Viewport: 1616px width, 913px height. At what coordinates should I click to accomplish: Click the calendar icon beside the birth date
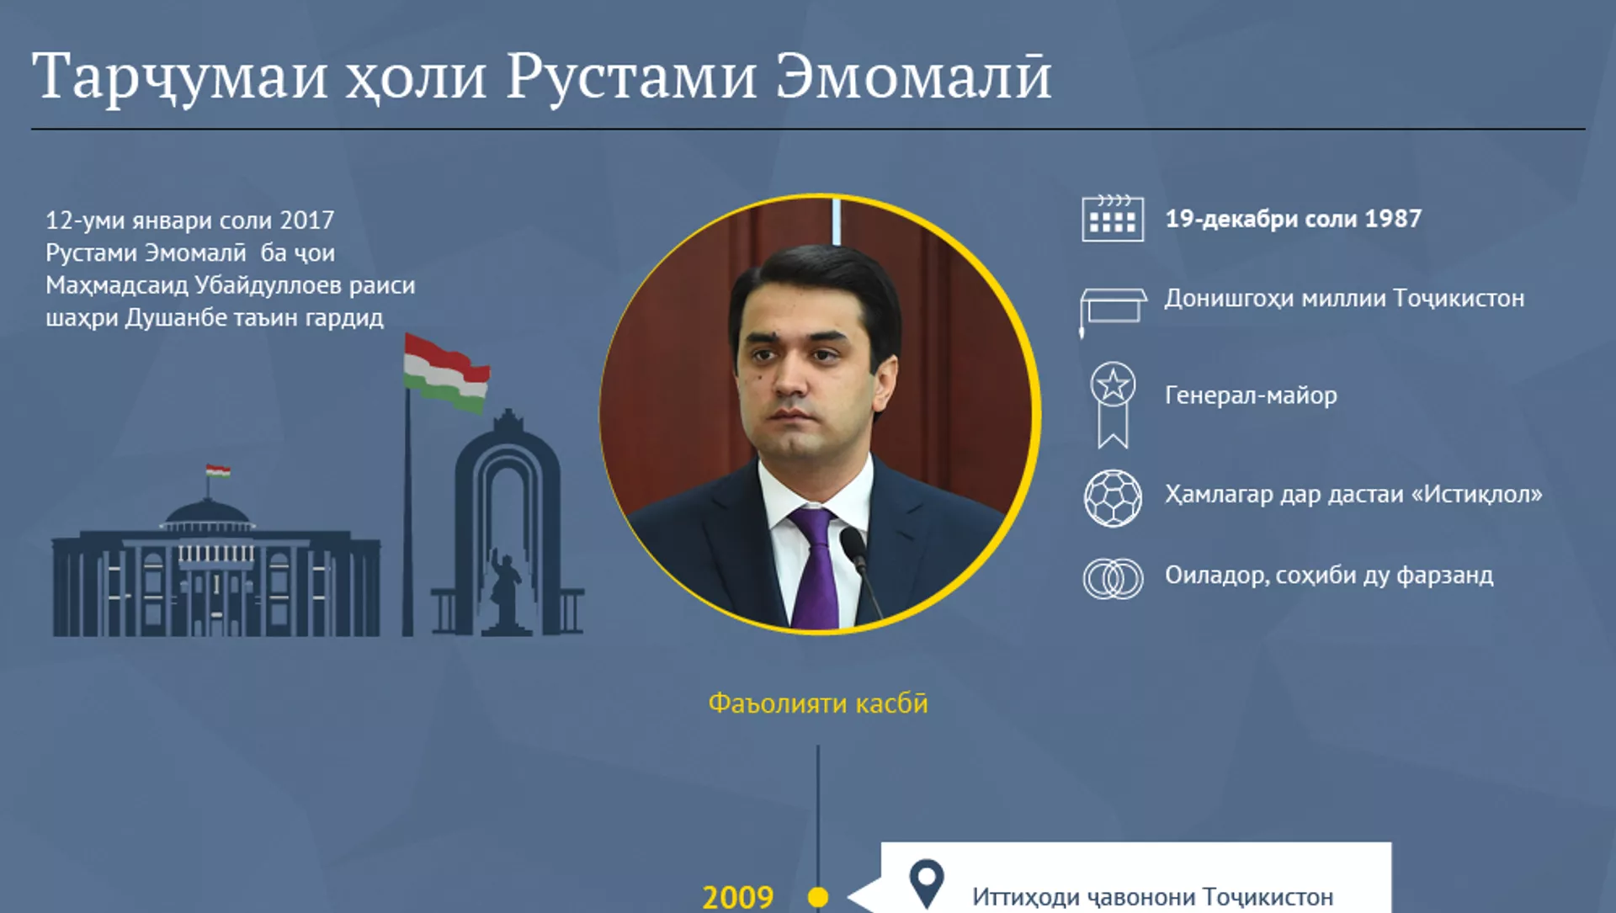[x=1113, y=218]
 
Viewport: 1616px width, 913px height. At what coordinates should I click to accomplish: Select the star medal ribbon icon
[x=1113, y=405]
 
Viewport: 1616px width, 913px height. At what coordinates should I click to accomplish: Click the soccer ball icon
[x=1113, y=498]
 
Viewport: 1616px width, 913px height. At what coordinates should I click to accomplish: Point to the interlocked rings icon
[x=1113, y=579]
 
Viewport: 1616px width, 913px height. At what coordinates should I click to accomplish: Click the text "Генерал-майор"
[x=1251, y=395]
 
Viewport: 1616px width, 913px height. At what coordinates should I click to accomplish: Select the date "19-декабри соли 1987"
[x=1293, y=219]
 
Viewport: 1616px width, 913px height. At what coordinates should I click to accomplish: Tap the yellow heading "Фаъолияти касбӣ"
[x=817, y=703]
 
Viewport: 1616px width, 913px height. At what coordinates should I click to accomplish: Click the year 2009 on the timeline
[x=738, y=897]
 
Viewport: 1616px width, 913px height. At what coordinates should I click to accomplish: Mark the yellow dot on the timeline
[x=817, y=898]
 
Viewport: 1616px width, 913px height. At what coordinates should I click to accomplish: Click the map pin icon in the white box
[x=927, y=884]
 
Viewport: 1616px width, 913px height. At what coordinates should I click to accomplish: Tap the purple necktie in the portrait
[x=815, y=569]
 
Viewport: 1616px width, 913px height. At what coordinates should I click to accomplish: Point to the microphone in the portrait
[x=860, y=572]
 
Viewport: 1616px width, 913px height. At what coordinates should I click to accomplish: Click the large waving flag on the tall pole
[x=446, y=374]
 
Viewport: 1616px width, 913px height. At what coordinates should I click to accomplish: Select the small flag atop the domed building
[x=218, y=470]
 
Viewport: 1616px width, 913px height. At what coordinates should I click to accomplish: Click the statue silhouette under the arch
[x=505, y=589]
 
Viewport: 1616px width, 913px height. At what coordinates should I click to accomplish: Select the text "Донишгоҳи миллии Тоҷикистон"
[x=1344, y=299]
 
